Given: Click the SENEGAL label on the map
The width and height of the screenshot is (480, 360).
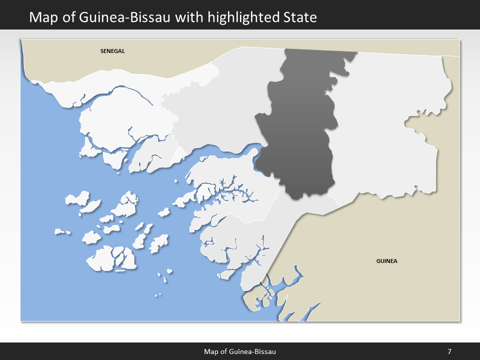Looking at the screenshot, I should (112, 51).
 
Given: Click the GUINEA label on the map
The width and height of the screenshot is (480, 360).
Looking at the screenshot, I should (386, 261).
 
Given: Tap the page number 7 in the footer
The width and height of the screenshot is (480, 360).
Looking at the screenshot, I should (449, 351).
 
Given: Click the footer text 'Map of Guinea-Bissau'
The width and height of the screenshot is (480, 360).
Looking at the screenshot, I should (240, 351).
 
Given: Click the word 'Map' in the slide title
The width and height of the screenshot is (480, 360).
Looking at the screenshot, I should (42, 17).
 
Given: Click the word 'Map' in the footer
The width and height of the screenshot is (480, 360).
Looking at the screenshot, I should (210, 351).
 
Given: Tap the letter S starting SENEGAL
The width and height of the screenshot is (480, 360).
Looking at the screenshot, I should (101, 51).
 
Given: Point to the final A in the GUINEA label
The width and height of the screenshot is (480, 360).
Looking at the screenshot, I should (395, 261).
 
